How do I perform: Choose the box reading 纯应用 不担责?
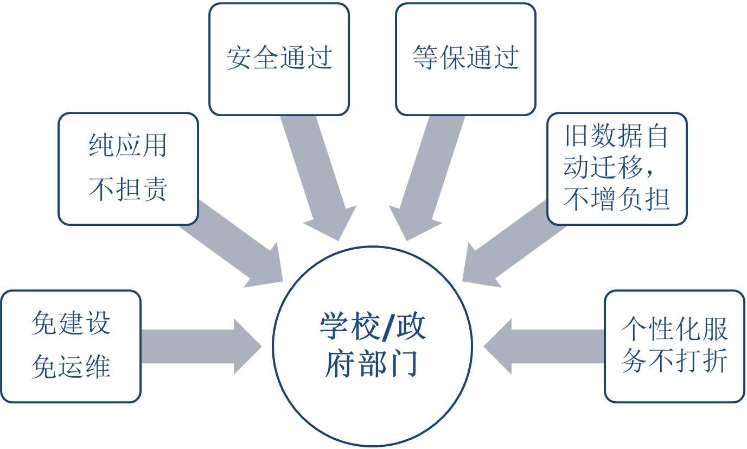click(x=128, y=168)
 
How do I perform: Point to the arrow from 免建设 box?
click(x=201, y=346)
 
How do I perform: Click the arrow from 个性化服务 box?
click(x=542, y=346)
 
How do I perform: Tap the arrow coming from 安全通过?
click(x=320, y=179)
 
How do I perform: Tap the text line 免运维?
click(x=71, y=367)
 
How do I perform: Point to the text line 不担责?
click(x=128, y=190)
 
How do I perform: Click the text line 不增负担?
click(x=617, y=199)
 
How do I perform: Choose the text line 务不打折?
click(x=674, y=361)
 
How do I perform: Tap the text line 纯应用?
click(x=128, y=146)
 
